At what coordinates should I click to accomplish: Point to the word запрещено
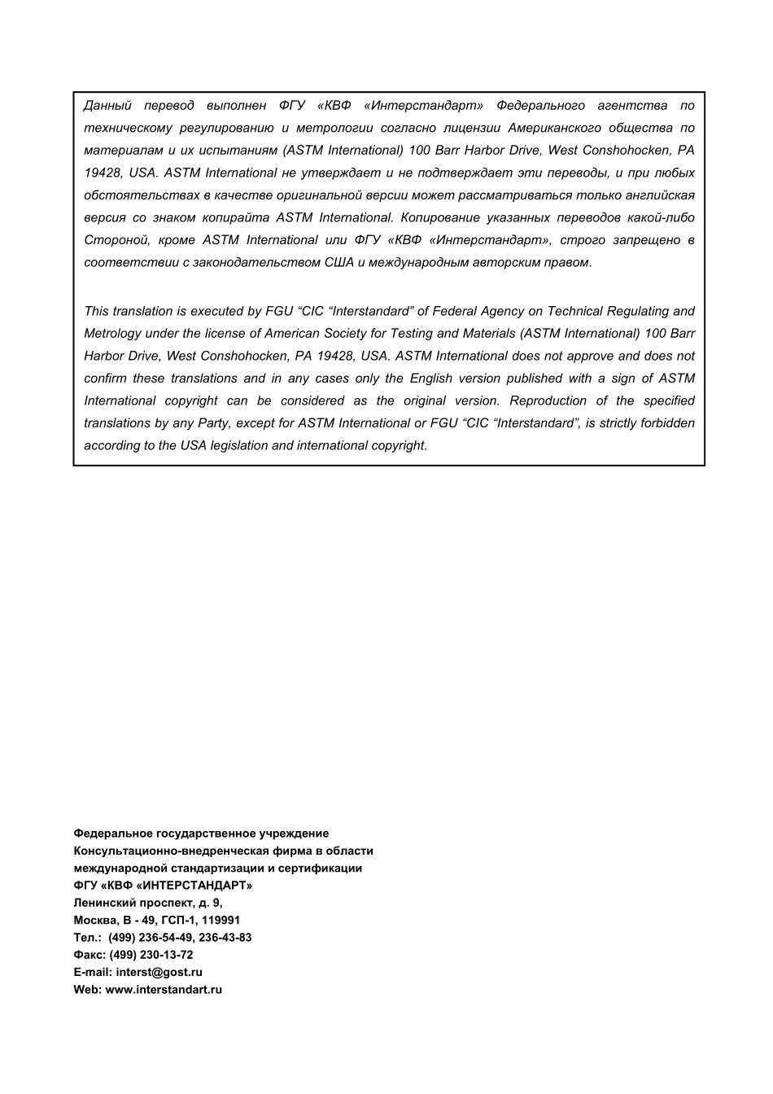point(646,240)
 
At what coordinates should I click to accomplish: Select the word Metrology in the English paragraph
point(112,334)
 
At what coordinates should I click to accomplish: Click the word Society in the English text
point(344,334)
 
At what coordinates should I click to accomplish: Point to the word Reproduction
point(548,400)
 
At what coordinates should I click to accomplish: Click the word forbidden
point(668,423)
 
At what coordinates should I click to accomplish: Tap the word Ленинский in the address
point(101,903)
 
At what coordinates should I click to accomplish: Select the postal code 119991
point(221,921)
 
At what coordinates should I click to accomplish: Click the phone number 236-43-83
point(225,938)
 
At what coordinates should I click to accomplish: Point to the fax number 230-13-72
point(167,955)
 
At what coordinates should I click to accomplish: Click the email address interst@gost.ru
point(159,972)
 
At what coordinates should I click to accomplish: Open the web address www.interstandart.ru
point(164,990)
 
